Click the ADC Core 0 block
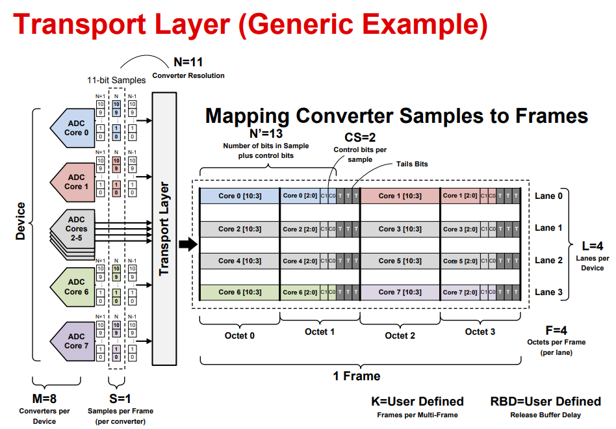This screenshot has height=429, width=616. tap(73, 128)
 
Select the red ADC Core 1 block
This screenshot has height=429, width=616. tap(73, 182)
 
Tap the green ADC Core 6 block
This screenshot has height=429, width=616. tap(73, 287)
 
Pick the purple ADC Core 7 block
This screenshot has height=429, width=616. tap(73, 341)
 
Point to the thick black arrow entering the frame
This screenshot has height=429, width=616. tap(187, 244)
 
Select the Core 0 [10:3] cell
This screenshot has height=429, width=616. tap(240, 196)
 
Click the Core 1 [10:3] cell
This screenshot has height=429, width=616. tap(400, 196)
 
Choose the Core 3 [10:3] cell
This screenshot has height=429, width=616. tap(400, 229)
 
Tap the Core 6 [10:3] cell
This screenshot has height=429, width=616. tap(240, 292)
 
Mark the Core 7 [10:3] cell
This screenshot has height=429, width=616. tap(400, 292)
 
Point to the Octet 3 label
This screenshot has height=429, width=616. tap(480, 332)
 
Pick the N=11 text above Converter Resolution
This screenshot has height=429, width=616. tap(188, 63)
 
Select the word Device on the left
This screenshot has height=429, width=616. tap(21, 222)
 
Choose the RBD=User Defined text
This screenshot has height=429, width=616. tap(545, 401)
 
